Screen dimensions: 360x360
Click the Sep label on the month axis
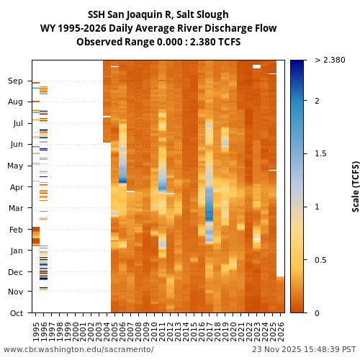click(16, 81)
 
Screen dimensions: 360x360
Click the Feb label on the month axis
click(16, 230)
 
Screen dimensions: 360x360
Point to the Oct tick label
click(16, 312)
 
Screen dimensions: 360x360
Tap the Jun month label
click(16, 145)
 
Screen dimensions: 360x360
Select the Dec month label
click(16, 272)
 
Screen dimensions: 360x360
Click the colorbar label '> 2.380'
click(330, 60)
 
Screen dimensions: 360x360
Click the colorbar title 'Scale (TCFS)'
click(355, 186)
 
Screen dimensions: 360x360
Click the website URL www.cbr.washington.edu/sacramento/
click(78, 349)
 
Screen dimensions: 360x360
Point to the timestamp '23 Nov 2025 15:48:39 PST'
click(303, 349)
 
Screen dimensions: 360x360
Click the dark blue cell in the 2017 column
click(210, 215)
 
